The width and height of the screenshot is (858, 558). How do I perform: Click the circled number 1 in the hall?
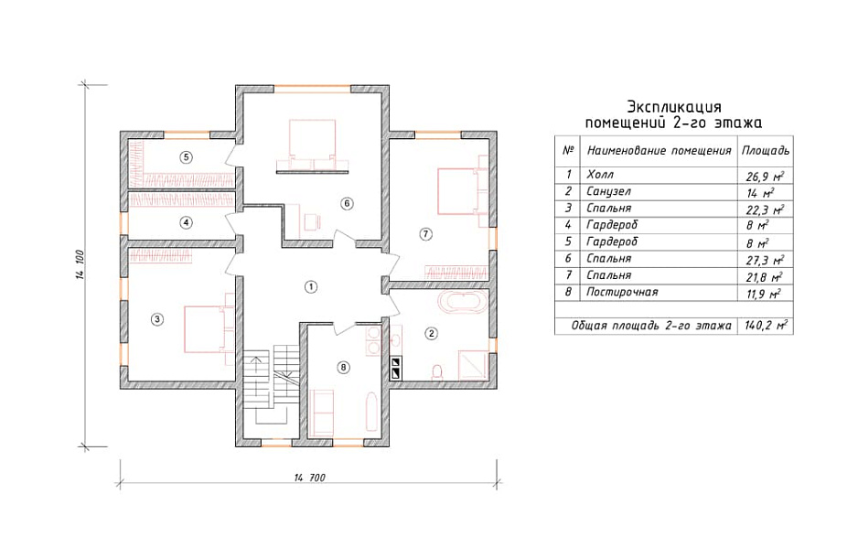click(x=311, y=286)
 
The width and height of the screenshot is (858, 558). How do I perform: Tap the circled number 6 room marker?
click(x=347, y=203)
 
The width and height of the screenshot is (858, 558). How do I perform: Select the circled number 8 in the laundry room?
click(x=344, y=367)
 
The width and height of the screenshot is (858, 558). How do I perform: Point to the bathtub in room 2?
click(x=463, y=303)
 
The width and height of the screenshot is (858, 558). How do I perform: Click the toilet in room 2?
click(x=437, y=372)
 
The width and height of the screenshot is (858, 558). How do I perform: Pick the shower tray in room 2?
click(x=473, y=365)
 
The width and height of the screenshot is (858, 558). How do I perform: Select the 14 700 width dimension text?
click(x=310, y=478)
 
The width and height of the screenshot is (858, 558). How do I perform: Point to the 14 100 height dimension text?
click(x=79, y=264)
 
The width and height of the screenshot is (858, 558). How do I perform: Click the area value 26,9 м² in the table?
click(x=765, y=177)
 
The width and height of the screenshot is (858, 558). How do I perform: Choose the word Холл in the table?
click(x=600, y=175)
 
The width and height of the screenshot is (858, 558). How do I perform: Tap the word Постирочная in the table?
click(x=622, y=292)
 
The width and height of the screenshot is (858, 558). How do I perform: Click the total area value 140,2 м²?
click(x=766, y=326)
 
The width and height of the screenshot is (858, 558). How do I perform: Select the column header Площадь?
click(x=766, y=150)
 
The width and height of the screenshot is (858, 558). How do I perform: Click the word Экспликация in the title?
click(x=674, y=106)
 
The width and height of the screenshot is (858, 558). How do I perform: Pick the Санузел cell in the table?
click(x=608, y=191)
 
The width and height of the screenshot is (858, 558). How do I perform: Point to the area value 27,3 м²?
click(x=765, y=260)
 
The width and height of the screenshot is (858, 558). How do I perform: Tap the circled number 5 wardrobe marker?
click(x=186, y=157)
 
